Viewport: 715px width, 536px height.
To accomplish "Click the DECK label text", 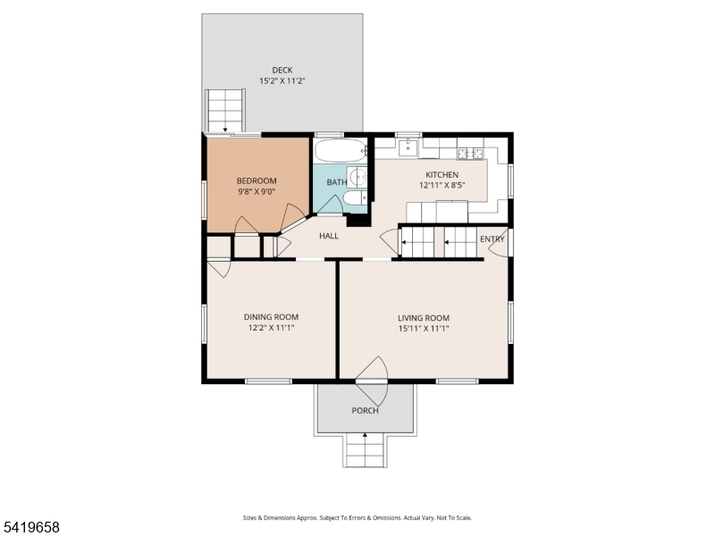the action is tap(282, 71).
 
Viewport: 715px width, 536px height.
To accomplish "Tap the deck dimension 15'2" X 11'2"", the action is tap(282, 81).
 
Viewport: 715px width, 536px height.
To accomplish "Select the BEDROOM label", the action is tap(257, 181).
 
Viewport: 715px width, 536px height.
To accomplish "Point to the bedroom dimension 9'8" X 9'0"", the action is tap(257, 192).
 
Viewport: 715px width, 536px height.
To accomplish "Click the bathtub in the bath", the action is tap(341, 150).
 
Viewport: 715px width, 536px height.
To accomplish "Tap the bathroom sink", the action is tap(357, 176).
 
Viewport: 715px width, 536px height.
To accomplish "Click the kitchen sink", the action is tap(408, 147).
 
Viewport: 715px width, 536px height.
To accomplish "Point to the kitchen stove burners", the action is tap(470, 153).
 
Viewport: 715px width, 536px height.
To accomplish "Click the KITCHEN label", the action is tap(442, 174).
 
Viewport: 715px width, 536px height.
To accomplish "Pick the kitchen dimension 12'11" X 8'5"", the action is tap(442, 186).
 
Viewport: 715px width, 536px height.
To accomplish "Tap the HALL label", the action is tap(329, 236).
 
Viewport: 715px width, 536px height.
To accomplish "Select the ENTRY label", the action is tap(492, 239).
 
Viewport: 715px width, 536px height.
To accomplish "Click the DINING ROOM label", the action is tap(272, 317).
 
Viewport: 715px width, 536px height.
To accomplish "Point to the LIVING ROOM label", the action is tap(424, 318).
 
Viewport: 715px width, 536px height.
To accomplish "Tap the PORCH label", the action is tap(366, 411).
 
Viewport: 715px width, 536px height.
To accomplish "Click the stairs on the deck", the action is tap(225, 111).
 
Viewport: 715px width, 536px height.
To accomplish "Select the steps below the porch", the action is tap(366, 450).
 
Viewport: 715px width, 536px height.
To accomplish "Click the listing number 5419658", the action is tap(30, 527).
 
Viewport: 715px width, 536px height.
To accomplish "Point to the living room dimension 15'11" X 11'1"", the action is tap(424, 329).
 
